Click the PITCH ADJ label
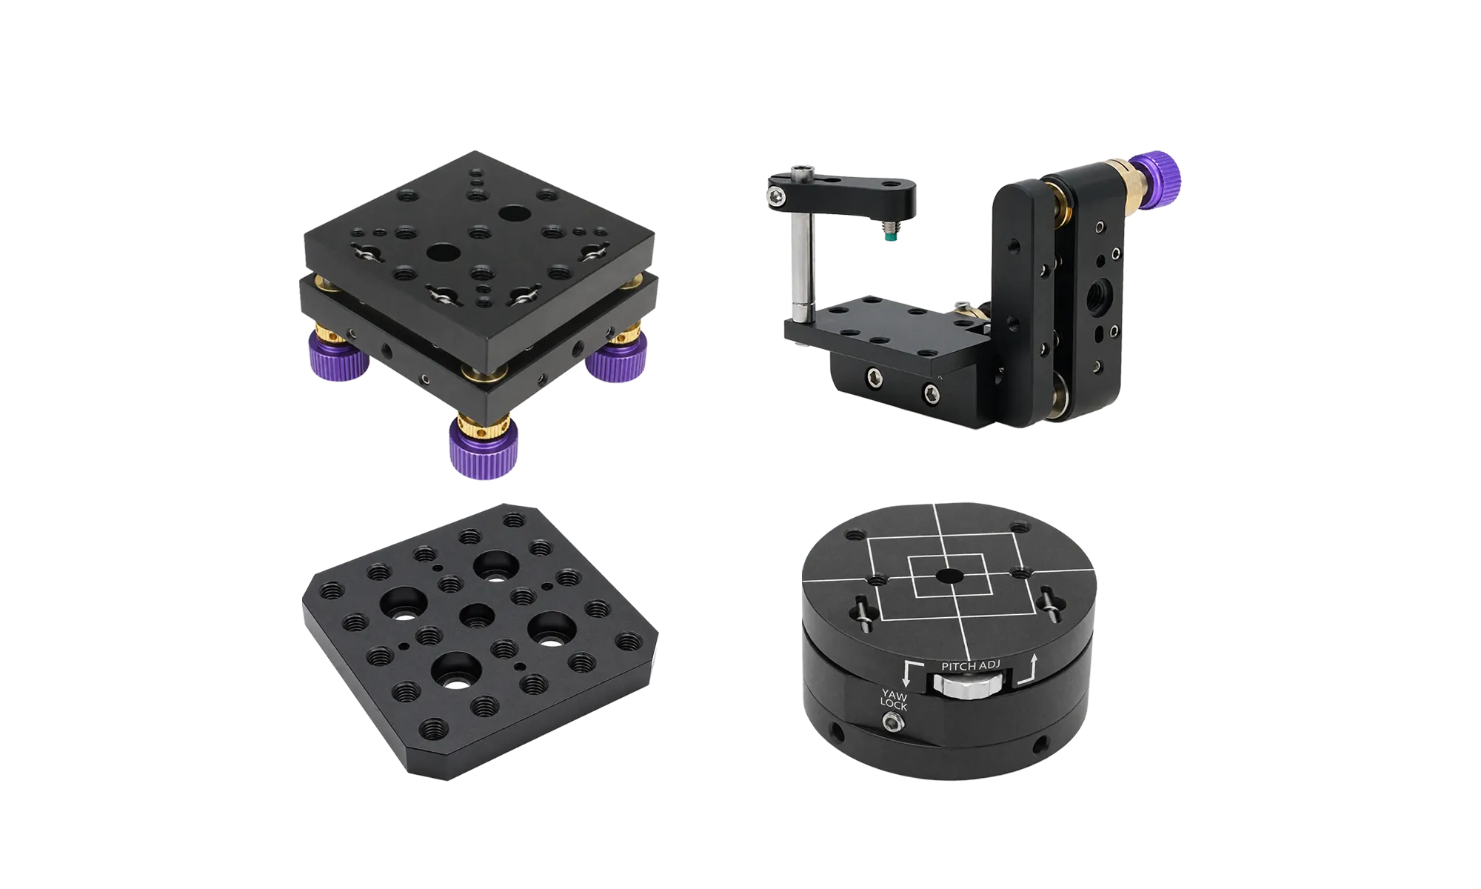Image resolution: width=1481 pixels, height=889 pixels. click(971, 666)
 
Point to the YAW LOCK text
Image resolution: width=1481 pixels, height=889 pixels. click(894, 699)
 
